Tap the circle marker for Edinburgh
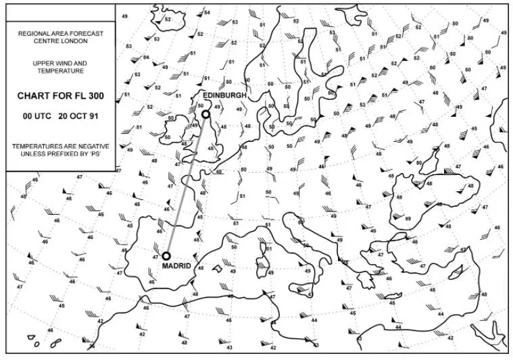pos(205,114)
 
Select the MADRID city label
pos(176,266)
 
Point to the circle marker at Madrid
pos(166,256)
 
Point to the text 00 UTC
pos(36,115)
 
